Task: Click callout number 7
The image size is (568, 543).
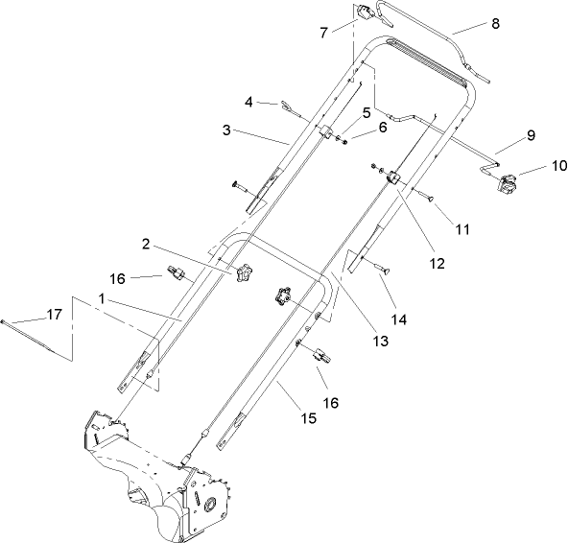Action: tap(324, 33)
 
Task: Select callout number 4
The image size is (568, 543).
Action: tap(248, 100)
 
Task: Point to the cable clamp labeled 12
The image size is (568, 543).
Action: tap(393, 178)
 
